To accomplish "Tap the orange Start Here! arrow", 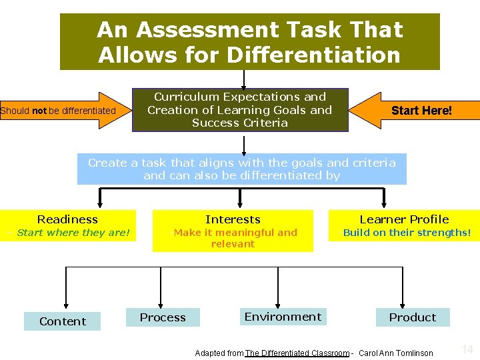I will tap(420, 111).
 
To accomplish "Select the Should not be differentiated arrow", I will tap(60, 111).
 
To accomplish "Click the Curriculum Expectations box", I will tap(240, 110).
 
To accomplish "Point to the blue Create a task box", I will tap(241, 169).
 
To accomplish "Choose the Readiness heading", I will tap(67, 219).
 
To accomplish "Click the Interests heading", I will tap(233, 219).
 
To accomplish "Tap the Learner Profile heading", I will tap(404, 219).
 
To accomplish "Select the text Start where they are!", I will tap(73, 233).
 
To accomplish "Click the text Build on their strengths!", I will tap(407, 233).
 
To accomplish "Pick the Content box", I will tap(62, 321).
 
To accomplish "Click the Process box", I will tap(163, 317).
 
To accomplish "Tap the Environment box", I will tap(283, 317).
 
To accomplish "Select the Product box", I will tap(413, 317).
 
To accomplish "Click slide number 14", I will tap(467, 349).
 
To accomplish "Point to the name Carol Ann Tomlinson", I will tap(396, 353).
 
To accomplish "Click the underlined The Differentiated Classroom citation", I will tap(297, 353).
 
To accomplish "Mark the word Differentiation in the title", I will tap(315, 55).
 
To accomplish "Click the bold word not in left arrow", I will tap(39, 111).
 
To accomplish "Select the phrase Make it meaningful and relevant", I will tap(235, 238).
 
